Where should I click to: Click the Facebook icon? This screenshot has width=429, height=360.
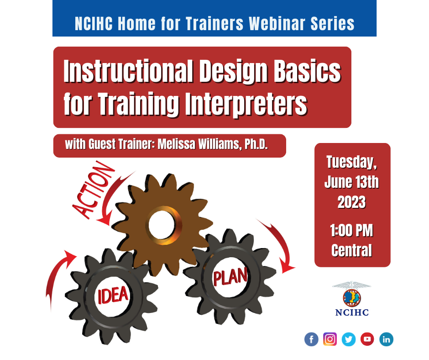tap(311, 339)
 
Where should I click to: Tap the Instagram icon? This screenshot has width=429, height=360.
tap(330, 339)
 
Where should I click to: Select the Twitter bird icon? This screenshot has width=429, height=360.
tap(349, 339)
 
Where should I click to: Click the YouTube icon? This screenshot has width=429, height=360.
tap(367, 339)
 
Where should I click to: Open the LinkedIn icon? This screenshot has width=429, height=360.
tap(386, 339)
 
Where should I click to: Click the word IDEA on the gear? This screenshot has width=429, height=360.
tap(113, 295)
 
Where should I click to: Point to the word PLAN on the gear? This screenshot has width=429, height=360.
tap(230, 276)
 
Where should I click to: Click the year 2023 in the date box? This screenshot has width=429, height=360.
tap(351, 202)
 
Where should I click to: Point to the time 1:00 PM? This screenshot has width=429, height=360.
tap(351, 230)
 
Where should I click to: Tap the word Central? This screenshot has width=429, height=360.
tap(351, 250)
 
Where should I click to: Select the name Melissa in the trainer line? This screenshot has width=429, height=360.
tap(177, 144)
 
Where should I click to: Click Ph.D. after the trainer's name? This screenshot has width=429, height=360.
tap(256, 144)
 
